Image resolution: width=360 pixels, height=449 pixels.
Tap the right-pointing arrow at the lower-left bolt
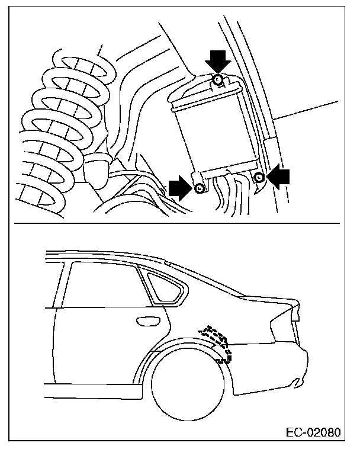click(x=179, y=188)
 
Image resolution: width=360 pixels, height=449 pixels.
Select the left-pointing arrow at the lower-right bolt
click(x=280, y=177)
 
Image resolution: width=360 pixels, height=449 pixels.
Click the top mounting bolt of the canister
click(x=218, y=79)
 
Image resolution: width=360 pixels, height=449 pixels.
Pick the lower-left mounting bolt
click(x=200, y=188)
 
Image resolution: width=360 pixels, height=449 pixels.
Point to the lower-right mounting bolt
click(x=259, y=177)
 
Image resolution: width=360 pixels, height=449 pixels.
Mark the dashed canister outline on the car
click(x=218, y=342)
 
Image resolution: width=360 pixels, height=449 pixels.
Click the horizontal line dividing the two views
click(x=178, y=223)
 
